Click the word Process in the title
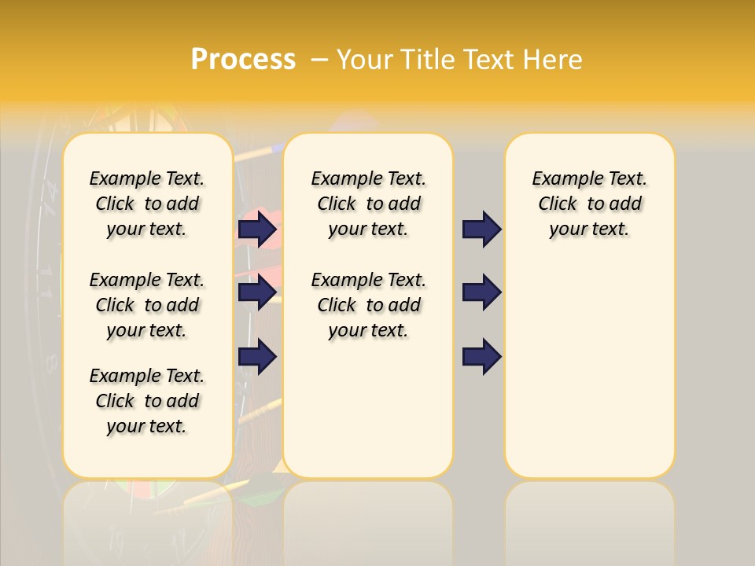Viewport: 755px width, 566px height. tap(243, 60)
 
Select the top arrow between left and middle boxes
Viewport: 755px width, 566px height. tap(257, 230)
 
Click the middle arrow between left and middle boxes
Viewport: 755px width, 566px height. tap(257, 292)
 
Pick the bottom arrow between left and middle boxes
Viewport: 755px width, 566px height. tap(257, 356)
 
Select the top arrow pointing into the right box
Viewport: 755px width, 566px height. tap(481, 230)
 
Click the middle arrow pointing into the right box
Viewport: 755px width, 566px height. tap(481, 292)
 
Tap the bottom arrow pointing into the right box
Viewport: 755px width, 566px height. tap(481, 356)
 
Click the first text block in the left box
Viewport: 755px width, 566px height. tap(147, 204)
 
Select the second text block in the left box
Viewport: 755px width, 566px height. tap(147, 305)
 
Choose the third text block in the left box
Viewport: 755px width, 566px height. tap(147, 401)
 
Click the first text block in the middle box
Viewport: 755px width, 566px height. tap(368, 204)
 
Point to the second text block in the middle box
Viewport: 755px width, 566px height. tap(368, 305)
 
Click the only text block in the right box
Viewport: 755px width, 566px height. tap(589, 204)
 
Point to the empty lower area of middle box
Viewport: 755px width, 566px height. tap(368, 409)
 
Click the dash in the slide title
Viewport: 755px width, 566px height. tap(319, 60)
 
